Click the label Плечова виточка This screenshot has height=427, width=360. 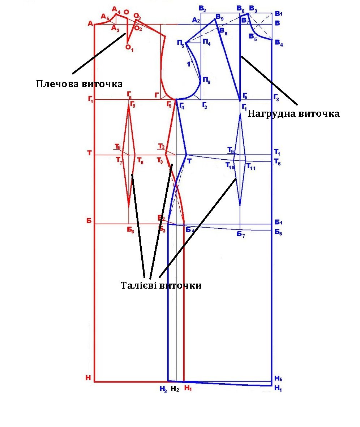click(79, 84)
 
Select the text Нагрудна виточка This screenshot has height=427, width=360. click(293, 114)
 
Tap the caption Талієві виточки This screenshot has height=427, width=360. click(160, 285)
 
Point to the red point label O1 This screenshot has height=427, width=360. click(129, 48)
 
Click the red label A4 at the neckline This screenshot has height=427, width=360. click(116, 9)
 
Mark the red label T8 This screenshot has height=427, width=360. click(140, 162)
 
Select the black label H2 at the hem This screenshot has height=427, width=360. click(175, 389)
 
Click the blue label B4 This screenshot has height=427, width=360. click(279, 44)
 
